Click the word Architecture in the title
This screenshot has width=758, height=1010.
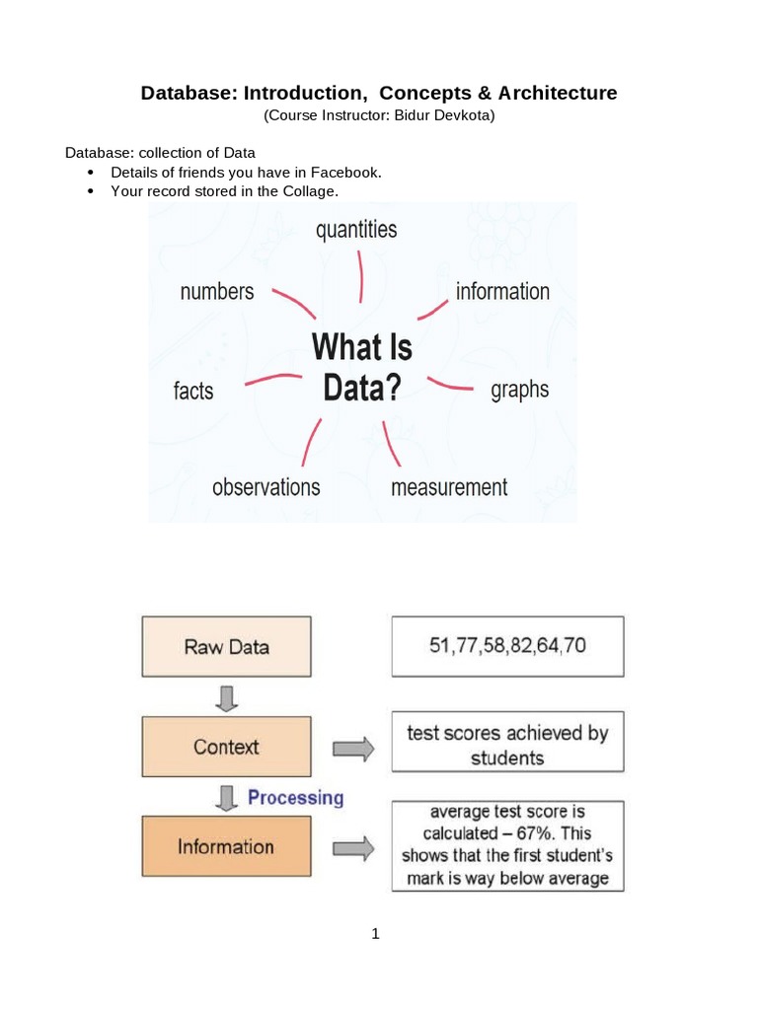(558, 93)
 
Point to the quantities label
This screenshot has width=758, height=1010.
(356, 230)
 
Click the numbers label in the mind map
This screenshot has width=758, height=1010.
(217, 291)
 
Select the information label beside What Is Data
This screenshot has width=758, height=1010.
(502, 291)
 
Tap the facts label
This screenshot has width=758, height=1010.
(193, 391)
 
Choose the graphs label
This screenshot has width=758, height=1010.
(519, 389)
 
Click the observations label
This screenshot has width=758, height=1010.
(266, 486)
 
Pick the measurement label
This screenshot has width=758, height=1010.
(449, 486)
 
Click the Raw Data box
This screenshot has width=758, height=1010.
(226, 647)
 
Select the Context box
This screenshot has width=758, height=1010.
(226, 747)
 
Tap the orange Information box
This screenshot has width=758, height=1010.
(226, 846)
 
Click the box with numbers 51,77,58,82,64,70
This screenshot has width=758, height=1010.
(507, 647)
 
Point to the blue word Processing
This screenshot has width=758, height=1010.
(295, 797)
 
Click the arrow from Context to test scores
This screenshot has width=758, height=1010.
(353, 749)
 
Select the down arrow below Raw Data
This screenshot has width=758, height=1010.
(228, 697)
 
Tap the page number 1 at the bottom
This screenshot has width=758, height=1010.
(375, 933)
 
